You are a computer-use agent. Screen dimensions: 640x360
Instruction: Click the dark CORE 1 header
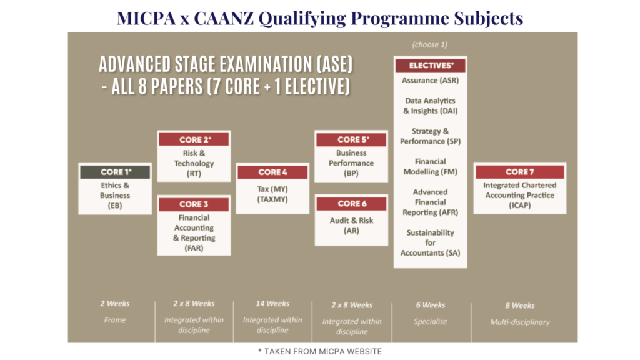(x=115, y=172)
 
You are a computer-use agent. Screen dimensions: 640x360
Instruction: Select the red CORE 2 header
(x=194, y=139)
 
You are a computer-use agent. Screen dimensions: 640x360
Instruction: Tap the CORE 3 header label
(x=194, y=204)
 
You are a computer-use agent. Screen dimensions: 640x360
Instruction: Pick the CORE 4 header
(x=272, y=172)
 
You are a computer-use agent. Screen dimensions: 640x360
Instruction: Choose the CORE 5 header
(x=351, y=139)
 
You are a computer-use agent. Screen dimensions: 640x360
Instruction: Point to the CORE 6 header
(x=351, y=203)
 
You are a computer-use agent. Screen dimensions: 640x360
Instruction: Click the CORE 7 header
(x=520, y=172)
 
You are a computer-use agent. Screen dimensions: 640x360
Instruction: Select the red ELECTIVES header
(x=430, y=65)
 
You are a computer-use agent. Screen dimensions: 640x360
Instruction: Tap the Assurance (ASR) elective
(x=430, y=81)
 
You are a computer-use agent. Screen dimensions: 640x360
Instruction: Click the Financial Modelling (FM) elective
(x=430, y=166)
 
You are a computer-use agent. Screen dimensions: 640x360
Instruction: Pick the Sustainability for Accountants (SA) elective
(x=430, y=243)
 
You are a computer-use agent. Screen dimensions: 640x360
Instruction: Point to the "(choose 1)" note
(x=430, y=44)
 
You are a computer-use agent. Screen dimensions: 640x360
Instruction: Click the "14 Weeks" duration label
(x=272, y=304)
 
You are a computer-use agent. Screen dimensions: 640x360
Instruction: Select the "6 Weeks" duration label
(x=431, y=305)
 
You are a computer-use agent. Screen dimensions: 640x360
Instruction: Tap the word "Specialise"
(x=430, y=322)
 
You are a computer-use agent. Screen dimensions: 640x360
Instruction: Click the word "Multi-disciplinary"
(x=520, y=322)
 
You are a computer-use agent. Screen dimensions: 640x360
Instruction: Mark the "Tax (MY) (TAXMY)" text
(x=272, y=194)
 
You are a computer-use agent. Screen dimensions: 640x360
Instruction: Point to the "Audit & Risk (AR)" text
(x=351, y=226)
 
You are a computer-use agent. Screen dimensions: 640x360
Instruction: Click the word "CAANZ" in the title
(x=224, y=18)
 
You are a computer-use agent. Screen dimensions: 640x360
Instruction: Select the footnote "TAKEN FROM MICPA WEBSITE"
(x=323, y=351)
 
